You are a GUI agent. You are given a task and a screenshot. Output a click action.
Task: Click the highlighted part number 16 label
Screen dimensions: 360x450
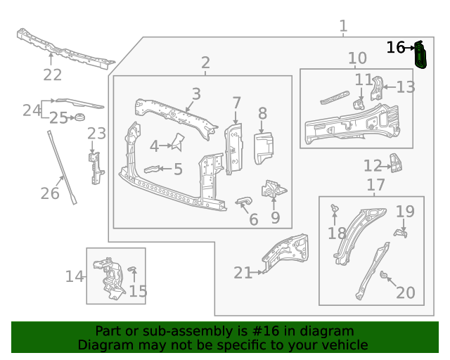point(395,48)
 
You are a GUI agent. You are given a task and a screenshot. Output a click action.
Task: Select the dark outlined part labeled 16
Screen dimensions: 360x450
point(420,56)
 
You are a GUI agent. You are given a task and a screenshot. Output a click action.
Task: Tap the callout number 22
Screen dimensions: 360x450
point(52,75)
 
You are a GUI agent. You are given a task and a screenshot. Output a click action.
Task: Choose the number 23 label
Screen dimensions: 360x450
point(96,134)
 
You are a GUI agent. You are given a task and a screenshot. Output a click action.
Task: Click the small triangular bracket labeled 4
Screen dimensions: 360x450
point(176,143)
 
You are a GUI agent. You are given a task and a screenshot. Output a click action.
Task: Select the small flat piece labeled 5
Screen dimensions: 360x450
point(153,169)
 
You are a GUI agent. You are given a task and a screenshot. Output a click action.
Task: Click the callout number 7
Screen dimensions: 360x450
point(237,103)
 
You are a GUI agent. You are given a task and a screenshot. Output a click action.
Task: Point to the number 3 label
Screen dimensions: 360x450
point(196,94)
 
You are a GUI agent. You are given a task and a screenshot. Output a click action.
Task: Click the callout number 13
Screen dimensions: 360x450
point(406,87)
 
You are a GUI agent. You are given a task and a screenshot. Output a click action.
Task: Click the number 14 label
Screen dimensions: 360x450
point(75,276)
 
